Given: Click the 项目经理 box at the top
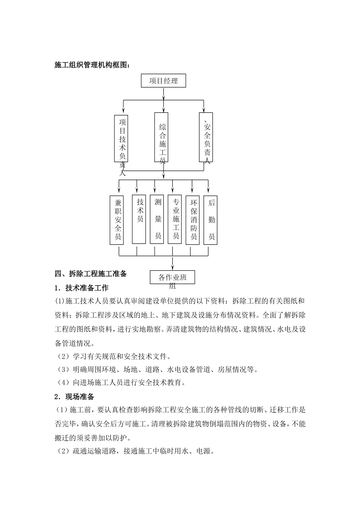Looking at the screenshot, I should pyautogui.click(x=163, y=81).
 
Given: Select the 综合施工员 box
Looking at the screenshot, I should pyautogui.click(x=162, y=137).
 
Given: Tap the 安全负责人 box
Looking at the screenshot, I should pyautogui.click(x=206, y=137).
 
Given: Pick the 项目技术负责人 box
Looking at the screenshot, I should pyautogui.click(x=121, y=138).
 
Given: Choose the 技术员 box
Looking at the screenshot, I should pyautogui.click(x=139, y=220).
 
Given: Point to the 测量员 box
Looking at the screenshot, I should pyautogui.click(x=157, y=220).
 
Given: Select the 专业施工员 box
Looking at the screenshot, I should pyautogui.click(x=175, y=220).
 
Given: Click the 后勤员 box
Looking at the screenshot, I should pyautogui.click(x=211, y=220).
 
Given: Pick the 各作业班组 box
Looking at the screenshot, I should pyautogui.click(x=173, y=277).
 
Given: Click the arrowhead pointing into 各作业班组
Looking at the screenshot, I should pyautogui.click(x=173, y=267).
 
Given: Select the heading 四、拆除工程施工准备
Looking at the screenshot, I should pyautogui.click(x=91, y=273).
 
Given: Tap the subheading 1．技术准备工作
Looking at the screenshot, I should pyautogui.click(x=81, y=288).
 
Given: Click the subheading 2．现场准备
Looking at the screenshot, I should pyautogui.click(x=74, y=397).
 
